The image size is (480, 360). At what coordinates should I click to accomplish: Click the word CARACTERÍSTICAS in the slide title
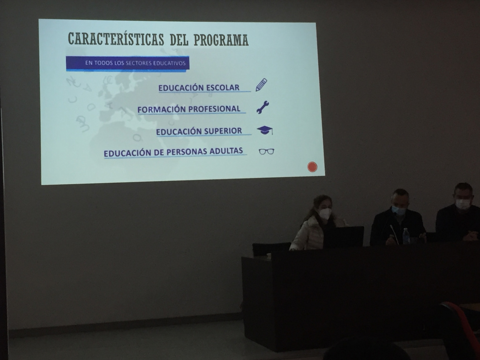[x=116, y=39]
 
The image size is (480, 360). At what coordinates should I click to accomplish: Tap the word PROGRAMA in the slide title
[x=221, y=40]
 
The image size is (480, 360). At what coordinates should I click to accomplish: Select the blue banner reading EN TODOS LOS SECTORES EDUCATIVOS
[x=127, y=63]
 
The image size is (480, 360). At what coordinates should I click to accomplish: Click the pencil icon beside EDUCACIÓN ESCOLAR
[x=261, y=85]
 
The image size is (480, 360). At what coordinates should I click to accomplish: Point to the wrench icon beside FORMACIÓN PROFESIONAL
[x=262, y=107]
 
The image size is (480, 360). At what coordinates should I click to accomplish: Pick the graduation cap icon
[x=265, y=130]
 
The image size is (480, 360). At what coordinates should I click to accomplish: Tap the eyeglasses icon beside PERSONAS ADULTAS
[x=266, y=151]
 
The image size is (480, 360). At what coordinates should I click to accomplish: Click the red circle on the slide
[x=312, y=167]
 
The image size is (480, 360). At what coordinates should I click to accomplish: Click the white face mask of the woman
[x=325, y=214]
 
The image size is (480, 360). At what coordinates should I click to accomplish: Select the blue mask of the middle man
[x=398, y=210]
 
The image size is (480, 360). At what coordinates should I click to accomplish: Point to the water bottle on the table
[x=406, y=236]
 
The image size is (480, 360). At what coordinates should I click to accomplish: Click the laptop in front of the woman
[x=344, y=237]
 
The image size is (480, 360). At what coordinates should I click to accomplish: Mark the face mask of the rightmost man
[x=463, y=204]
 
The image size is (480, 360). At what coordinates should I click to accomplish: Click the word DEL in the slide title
[x=179, y=40]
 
